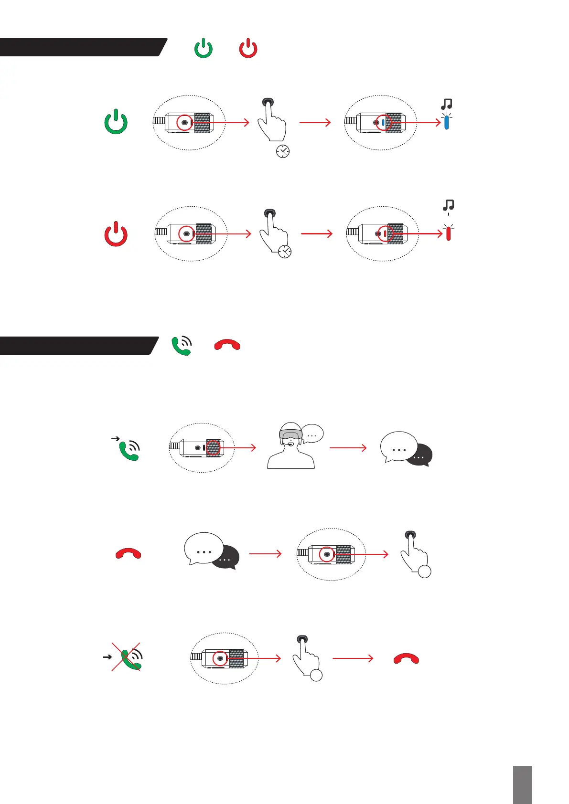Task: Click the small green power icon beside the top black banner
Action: [x=204, y=49]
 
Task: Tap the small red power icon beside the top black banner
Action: [x=248, y=49]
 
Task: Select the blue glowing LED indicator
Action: [x=446, y=122]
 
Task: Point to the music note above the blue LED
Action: [x=447, y=104]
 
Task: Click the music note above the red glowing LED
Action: [x=448, y=205]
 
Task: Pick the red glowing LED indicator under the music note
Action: [x=448, y=233]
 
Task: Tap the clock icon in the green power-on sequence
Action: [x=283, y=151]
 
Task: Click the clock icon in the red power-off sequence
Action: [x=285, y=252]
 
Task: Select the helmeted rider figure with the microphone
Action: [x=290, y=446]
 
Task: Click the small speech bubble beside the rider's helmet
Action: [x=313, y=434]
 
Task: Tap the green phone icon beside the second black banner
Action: [x=182, y=346]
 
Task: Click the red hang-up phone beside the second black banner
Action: [x=227, y=345]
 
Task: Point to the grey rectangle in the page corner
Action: [x=522, y=784]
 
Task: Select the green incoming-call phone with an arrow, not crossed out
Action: [x=128, y=449]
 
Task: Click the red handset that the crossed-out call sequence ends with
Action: [x=406, y=659]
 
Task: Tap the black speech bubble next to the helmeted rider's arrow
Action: [x=419, y=455]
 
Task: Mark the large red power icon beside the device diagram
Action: [x=116, y=234]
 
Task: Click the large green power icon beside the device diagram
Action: [x=116, y=122]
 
